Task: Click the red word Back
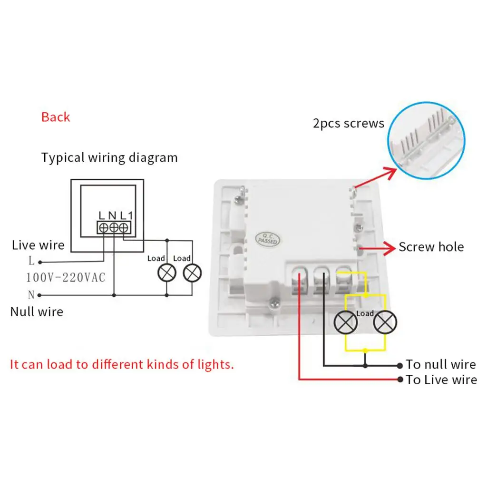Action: (x=56, y=117)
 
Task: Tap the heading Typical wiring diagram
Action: (x=109, y=157)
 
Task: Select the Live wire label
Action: (x=38, y=245)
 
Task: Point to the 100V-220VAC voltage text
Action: (x=66, y=277)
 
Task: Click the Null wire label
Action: (x=37, y=312)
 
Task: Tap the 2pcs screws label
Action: (x=349, y=124)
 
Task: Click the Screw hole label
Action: (x=431, y=247)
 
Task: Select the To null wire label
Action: (x=440, y=365)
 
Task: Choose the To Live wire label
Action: (x=441, y=380)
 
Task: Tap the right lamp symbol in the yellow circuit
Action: (x=384, y=324)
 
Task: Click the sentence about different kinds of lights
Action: (x=122, y=365)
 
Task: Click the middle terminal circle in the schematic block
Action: (x=114, y=228)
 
